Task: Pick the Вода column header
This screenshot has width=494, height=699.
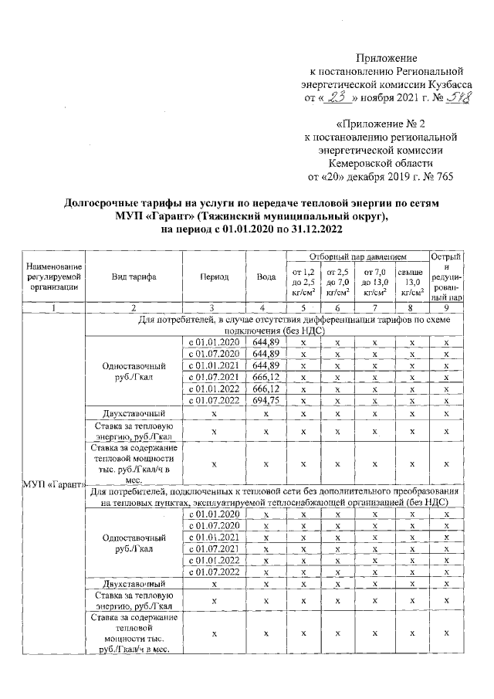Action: (266, 277)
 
